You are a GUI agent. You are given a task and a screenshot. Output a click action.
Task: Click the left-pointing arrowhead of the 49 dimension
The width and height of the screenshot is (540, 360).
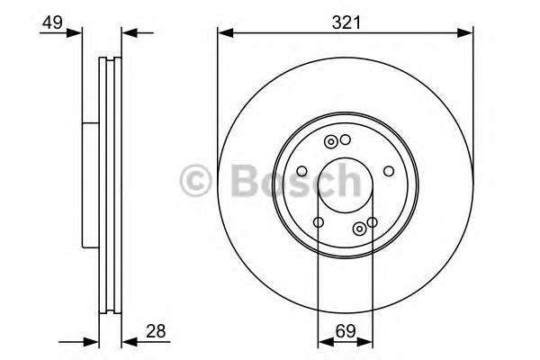128,34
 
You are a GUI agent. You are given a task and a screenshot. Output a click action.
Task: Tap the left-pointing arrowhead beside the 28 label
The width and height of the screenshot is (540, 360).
128,341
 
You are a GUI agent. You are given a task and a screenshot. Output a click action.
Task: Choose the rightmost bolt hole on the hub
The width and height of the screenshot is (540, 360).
388,170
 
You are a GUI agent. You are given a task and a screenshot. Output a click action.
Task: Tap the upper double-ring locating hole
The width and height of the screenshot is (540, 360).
332,141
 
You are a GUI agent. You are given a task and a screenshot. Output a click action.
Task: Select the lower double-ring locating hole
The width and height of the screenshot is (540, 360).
359,228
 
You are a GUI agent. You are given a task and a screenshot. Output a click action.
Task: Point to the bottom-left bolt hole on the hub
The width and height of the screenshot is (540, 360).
319,221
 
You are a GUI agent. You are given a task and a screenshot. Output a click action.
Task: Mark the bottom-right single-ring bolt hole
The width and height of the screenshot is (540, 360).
372,221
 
